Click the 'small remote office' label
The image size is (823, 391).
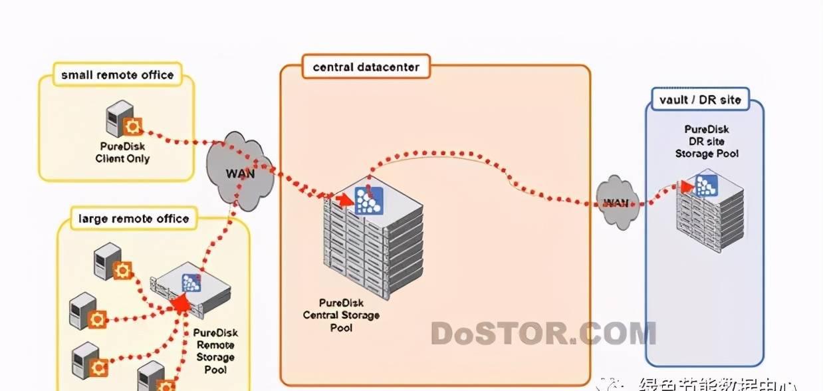[117, 74]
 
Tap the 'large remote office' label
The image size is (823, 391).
[134, 218]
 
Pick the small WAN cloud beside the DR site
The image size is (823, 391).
[616, 202]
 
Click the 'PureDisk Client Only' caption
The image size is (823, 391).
[123, 152]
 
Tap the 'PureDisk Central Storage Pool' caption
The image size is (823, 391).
[341, 315]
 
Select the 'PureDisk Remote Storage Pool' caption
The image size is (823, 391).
[215, 350]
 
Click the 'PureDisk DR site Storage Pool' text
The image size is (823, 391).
[707, 142]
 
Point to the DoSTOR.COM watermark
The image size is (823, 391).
[543, 333]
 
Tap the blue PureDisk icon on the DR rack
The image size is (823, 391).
[706, 184]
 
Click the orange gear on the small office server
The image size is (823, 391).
[134, 126]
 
